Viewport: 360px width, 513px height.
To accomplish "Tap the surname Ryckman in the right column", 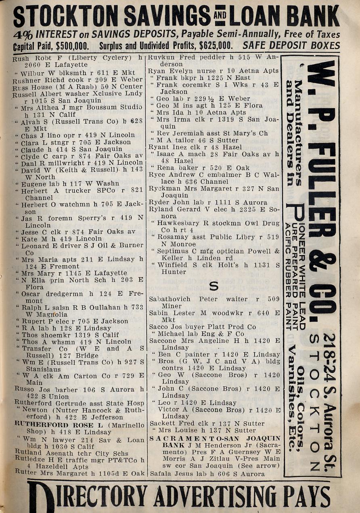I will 163,189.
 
